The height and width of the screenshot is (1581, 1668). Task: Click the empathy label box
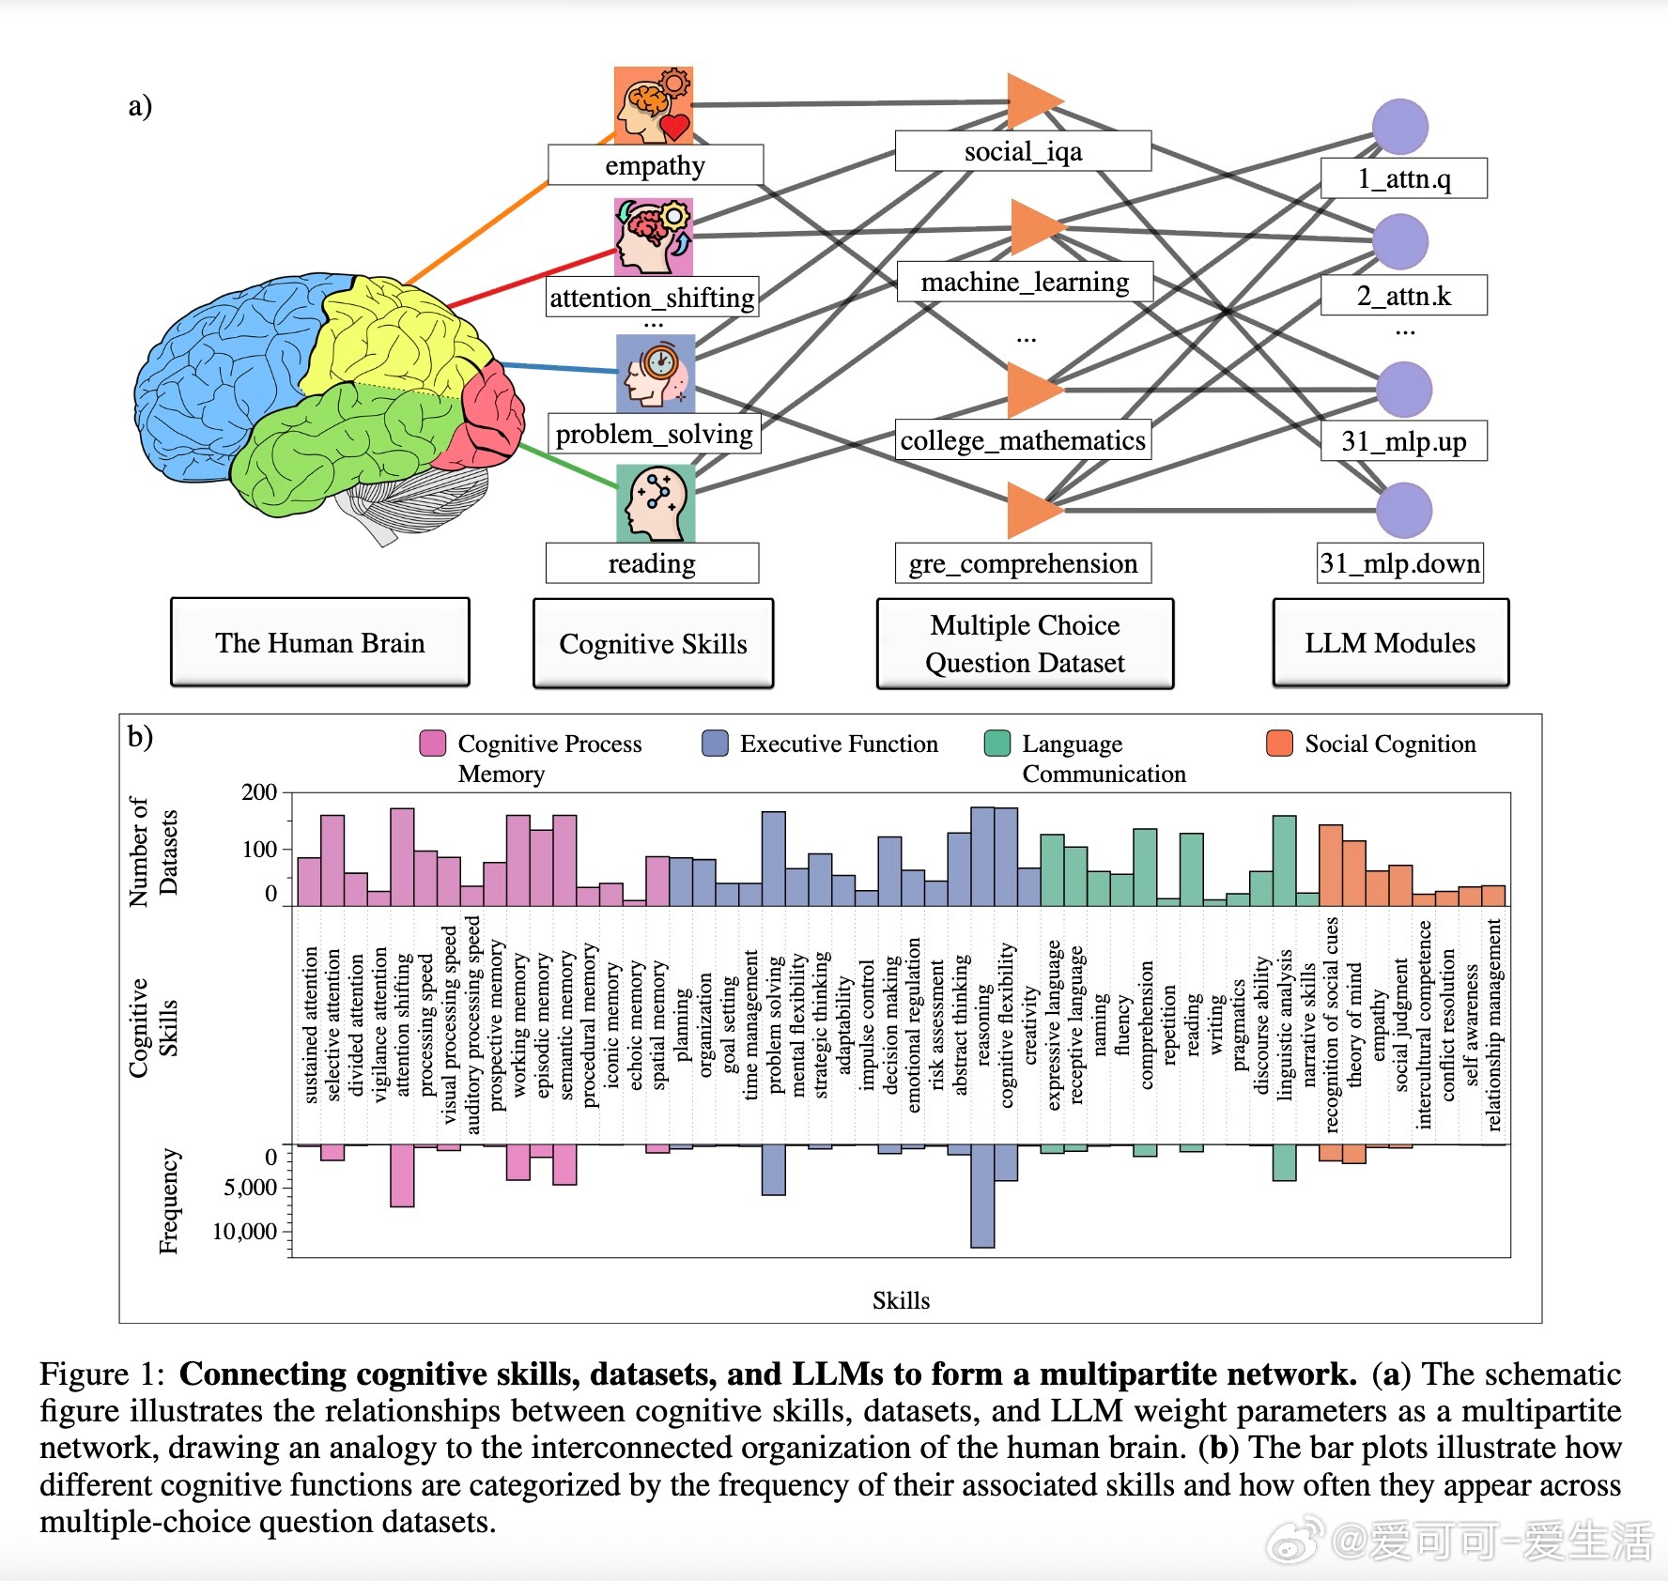[655, 165]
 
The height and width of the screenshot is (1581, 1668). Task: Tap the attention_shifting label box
[652, 297]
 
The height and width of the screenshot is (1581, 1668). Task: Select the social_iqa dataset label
[1023, 151]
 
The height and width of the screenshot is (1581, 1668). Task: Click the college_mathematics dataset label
[1023, 439]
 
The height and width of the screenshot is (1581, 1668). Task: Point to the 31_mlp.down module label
[1399, 562]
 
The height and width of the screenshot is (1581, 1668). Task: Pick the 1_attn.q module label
[1404, 178]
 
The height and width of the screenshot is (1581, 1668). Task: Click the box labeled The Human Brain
[320, 643]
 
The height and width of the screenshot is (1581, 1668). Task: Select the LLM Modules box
[1390, 643]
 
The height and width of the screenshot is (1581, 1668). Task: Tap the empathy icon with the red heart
[654, 105]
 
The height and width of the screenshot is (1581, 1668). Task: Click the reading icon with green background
[656, 503]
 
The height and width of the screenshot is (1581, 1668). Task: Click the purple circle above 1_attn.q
[1400, 127]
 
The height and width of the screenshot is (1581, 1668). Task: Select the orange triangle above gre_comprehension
[1035, 510]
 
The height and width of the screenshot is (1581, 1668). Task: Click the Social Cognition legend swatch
[1280, 743]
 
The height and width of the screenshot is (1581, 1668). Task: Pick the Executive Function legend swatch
[716, 743]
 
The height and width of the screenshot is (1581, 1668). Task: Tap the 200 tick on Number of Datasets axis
[259, 792]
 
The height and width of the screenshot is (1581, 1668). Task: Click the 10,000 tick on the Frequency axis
[244, 1231]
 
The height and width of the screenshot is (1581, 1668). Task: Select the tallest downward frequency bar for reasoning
[982, 1196]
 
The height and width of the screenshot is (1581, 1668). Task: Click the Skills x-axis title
[901, 1300]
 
